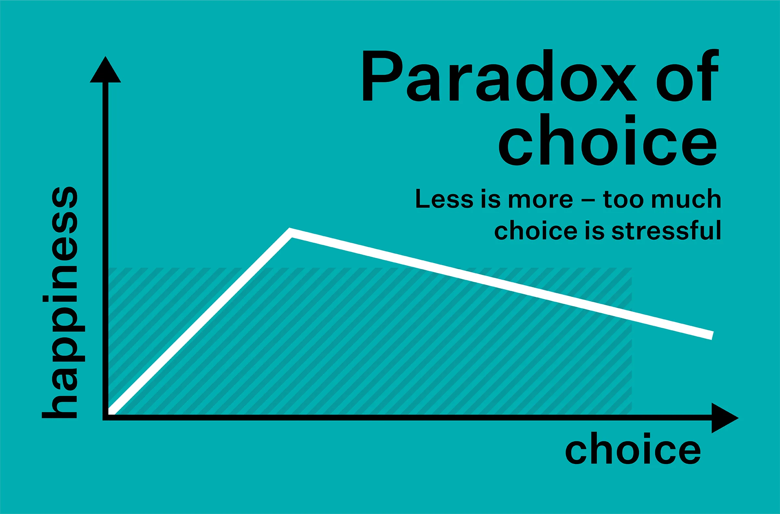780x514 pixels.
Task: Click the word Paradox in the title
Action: (500, 75)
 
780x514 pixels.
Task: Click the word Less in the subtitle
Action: (444, 198)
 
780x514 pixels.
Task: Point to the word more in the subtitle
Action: (540, 200)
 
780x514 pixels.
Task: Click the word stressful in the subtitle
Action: (666, 230)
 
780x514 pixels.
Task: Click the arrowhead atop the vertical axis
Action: (105, 70)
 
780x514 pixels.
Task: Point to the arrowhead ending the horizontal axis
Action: (725, 418)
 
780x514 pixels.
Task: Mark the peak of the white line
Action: (290, 232)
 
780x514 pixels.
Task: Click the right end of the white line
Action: (712, 335)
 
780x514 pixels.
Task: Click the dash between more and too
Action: (588, 200)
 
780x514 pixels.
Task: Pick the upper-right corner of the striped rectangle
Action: (632, 268)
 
